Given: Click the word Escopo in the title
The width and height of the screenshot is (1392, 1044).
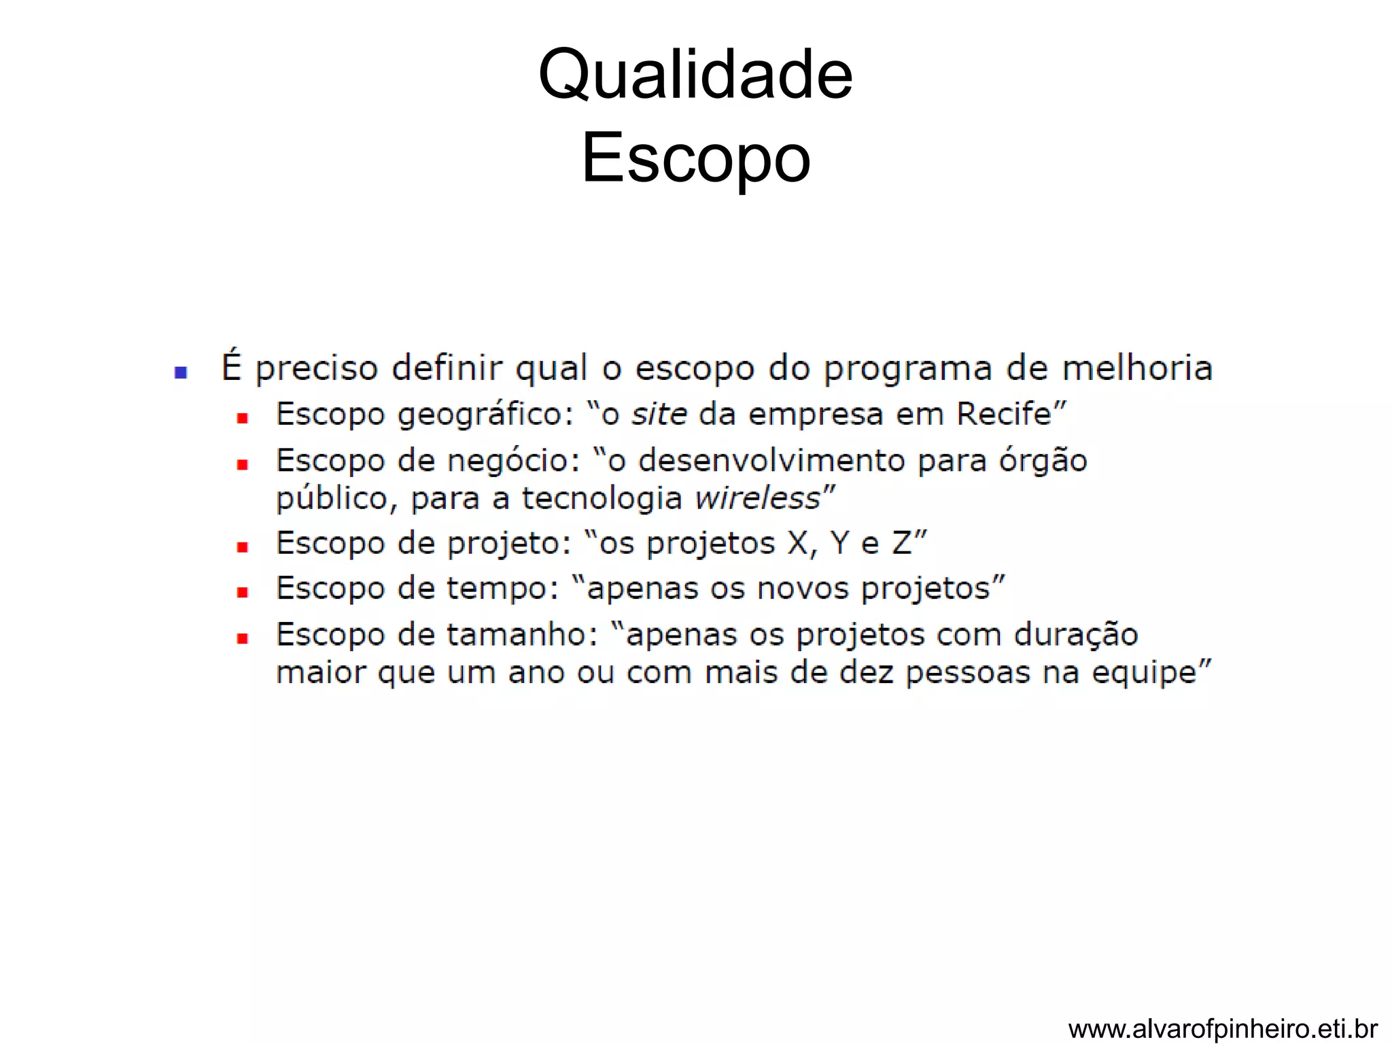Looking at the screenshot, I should pyautogui.click(x=695, y=158).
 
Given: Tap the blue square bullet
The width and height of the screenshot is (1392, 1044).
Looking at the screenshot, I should pyautogui.click(x=181, y=372).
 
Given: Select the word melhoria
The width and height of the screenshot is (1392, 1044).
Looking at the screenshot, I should pyautogui.click(x=1137, y=368).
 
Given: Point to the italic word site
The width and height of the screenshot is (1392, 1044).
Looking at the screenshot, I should pyautogui.click(x=659, y=414).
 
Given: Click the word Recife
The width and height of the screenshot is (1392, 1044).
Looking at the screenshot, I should pyautogui.click(x=1004, y=414).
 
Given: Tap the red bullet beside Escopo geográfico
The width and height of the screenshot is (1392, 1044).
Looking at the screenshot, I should pyautogui.click(x=242, y=418).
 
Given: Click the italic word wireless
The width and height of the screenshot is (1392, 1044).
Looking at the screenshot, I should pyautogui.click(x=757, y=498).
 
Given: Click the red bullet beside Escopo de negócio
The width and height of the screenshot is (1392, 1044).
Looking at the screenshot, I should pyautogui.click(x=242, y=465).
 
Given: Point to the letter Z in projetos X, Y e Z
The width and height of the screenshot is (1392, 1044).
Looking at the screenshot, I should pyautogui.click(x=901, y=543).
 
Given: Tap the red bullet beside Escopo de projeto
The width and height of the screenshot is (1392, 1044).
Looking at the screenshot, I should pyautogui.click(x=242, y=547).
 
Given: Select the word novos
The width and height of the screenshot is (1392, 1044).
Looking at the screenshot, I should pyautogui.click(x=803, y=589).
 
